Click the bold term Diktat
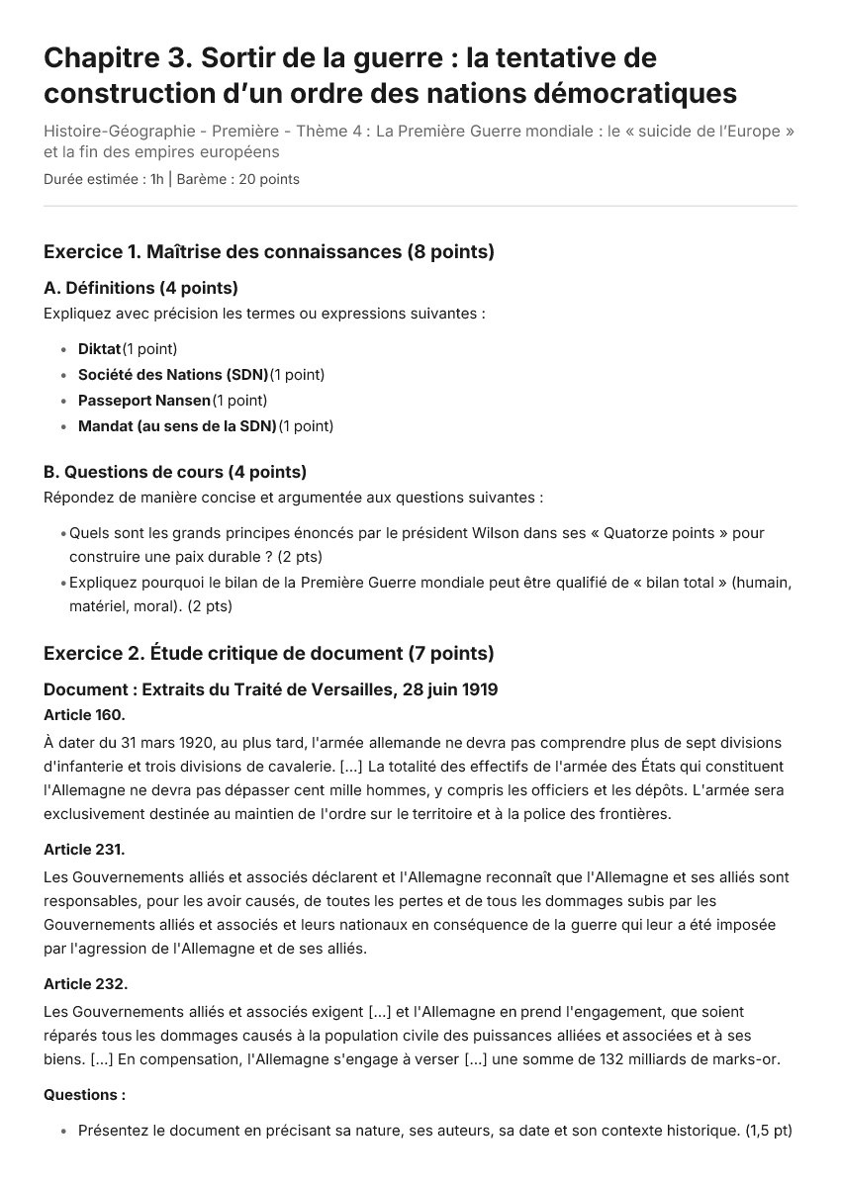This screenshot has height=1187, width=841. [99, 349]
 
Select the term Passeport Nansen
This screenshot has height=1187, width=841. [144, 401]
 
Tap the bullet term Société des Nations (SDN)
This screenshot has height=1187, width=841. [173, 375]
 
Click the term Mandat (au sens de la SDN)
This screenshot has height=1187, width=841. [177, 426]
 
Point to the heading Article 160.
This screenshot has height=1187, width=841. [84, 714]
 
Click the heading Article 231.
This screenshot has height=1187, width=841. [84, 850]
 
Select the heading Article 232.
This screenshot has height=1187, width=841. [85, 984]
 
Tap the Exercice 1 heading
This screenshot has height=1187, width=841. [268, 252]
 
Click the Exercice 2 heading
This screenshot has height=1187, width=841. [268, 653]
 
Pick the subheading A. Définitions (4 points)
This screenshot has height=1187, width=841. [140, 289]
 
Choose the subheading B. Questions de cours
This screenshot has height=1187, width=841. [175, 472]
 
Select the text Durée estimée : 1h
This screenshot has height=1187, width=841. [104, 179]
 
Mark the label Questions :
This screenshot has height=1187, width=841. [84, 1095]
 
